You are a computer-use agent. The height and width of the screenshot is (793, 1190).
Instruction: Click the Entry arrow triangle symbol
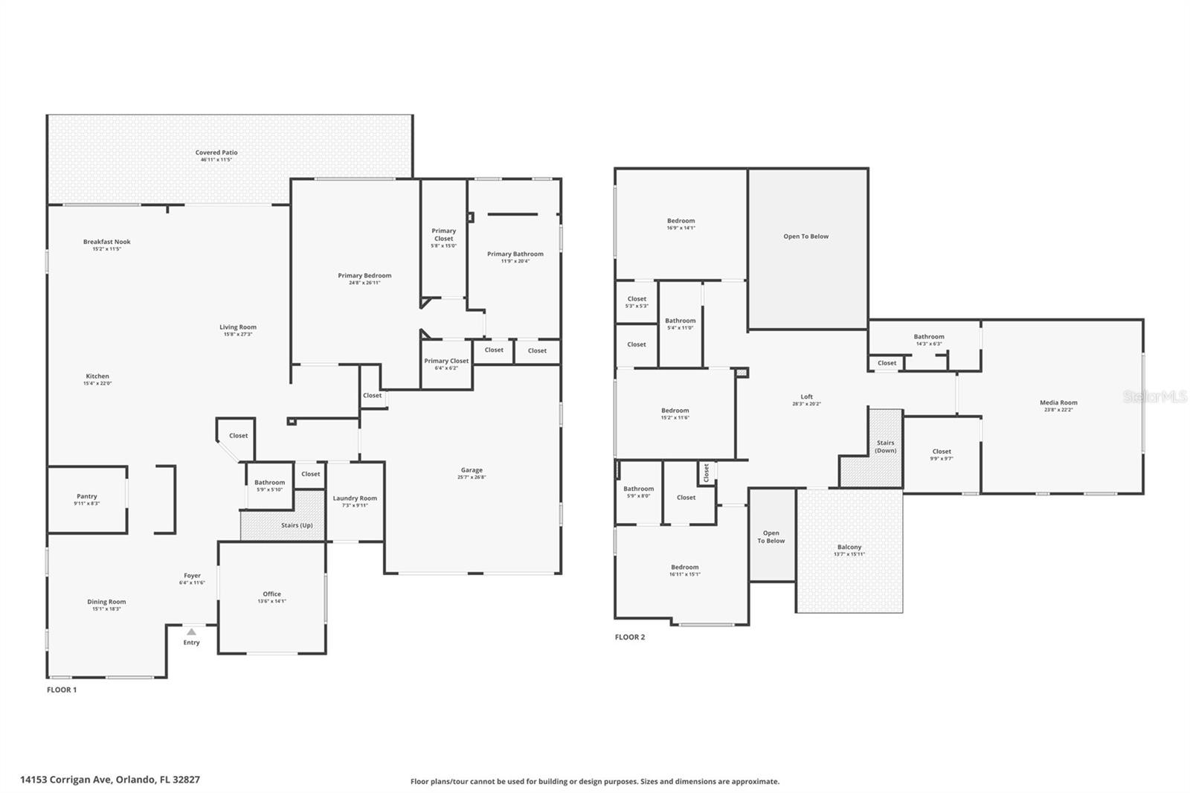(x=191, y=632)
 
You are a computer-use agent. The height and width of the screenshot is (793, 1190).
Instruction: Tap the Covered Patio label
(x=216, y=152)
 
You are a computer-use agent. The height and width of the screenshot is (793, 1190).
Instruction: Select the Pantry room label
(x=87, y=496)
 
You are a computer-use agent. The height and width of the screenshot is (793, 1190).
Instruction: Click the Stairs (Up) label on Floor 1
(x=296, y=525)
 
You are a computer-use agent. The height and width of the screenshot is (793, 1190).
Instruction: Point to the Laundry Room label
(x=355, y=498)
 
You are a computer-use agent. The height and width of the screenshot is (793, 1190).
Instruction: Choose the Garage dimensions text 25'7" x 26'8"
(x=472, y=478)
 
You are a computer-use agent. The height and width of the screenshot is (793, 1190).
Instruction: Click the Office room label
(x=272, y=594)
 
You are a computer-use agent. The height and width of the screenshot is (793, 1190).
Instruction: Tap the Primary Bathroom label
(x=515, y=254)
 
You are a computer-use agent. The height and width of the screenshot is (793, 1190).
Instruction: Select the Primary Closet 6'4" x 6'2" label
(x=446, y=361)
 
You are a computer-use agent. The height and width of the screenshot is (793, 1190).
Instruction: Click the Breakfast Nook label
(x=106, y=242)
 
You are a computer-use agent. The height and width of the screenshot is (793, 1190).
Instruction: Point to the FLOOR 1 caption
(x=62, y=690)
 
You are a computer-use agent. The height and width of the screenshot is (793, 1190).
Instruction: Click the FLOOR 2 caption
(x=629, y=637)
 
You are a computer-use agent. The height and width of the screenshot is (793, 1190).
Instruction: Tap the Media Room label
(x=1058, y=402)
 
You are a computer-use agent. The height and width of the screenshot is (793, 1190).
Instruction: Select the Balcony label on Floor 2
(x=849, y=547)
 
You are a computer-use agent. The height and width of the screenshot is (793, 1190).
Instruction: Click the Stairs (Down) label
(x=885, y=446)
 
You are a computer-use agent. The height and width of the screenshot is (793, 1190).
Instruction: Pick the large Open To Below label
(x=805, y=237)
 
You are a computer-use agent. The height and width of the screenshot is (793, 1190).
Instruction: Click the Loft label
(x=807, y=396)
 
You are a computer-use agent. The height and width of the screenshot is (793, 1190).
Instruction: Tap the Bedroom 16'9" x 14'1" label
(x=681, y=221)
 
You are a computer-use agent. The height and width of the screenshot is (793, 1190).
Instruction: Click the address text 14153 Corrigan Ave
(x=67, y=780)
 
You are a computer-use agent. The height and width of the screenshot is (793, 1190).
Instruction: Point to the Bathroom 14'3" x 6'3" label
(x=929, y=337)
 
